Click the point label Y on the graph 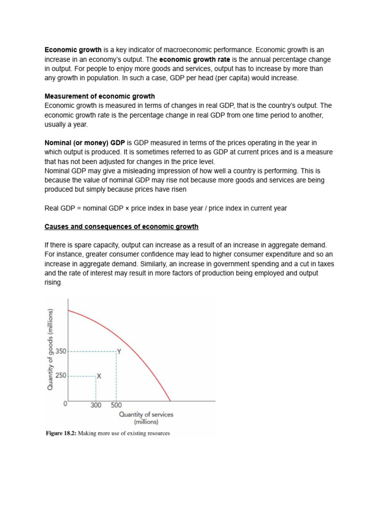(x=118, y=351)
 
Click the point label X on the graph (x=99, y=376)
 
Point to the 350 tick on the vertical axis (x=61, y=351)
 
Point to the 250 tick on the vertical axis (x=61, y=376)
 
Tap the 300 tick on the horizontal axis (x=96, y=405)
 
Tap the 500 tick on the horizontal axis (x=116, y=405)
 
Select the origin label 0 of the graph (x=65, y=404)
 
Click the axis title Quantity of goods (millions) (x=50, y=349)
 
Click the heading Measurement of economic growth (x=100, y=96)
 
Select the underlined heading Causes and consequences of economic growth (x=121, y=227)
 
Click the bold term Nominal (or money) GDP (x=85, y=143)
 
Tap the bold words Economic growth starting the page (x=73, y=50)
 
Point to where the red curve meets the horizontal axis (x=170, y=401)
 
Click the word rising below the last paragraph (x=53, y=282)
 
